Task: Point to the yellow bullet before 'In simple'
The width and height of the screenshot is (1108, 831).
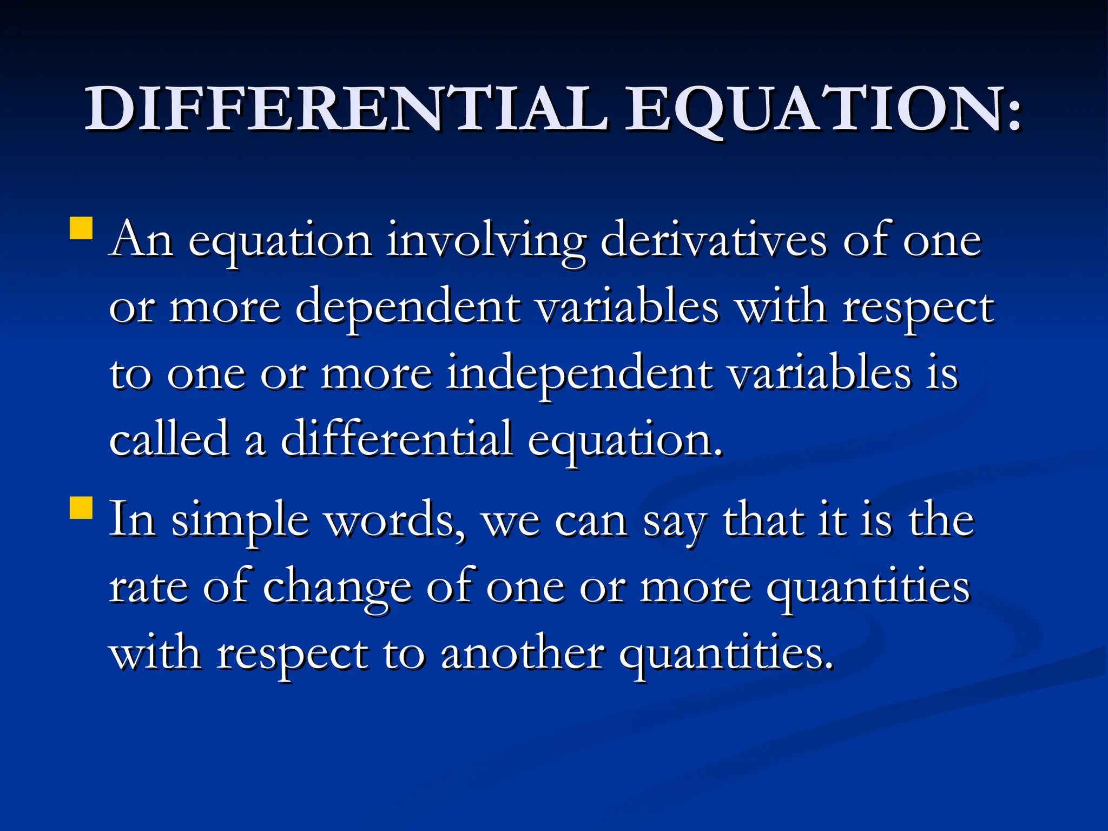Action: pyautogui.click(x=81, y=509)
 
